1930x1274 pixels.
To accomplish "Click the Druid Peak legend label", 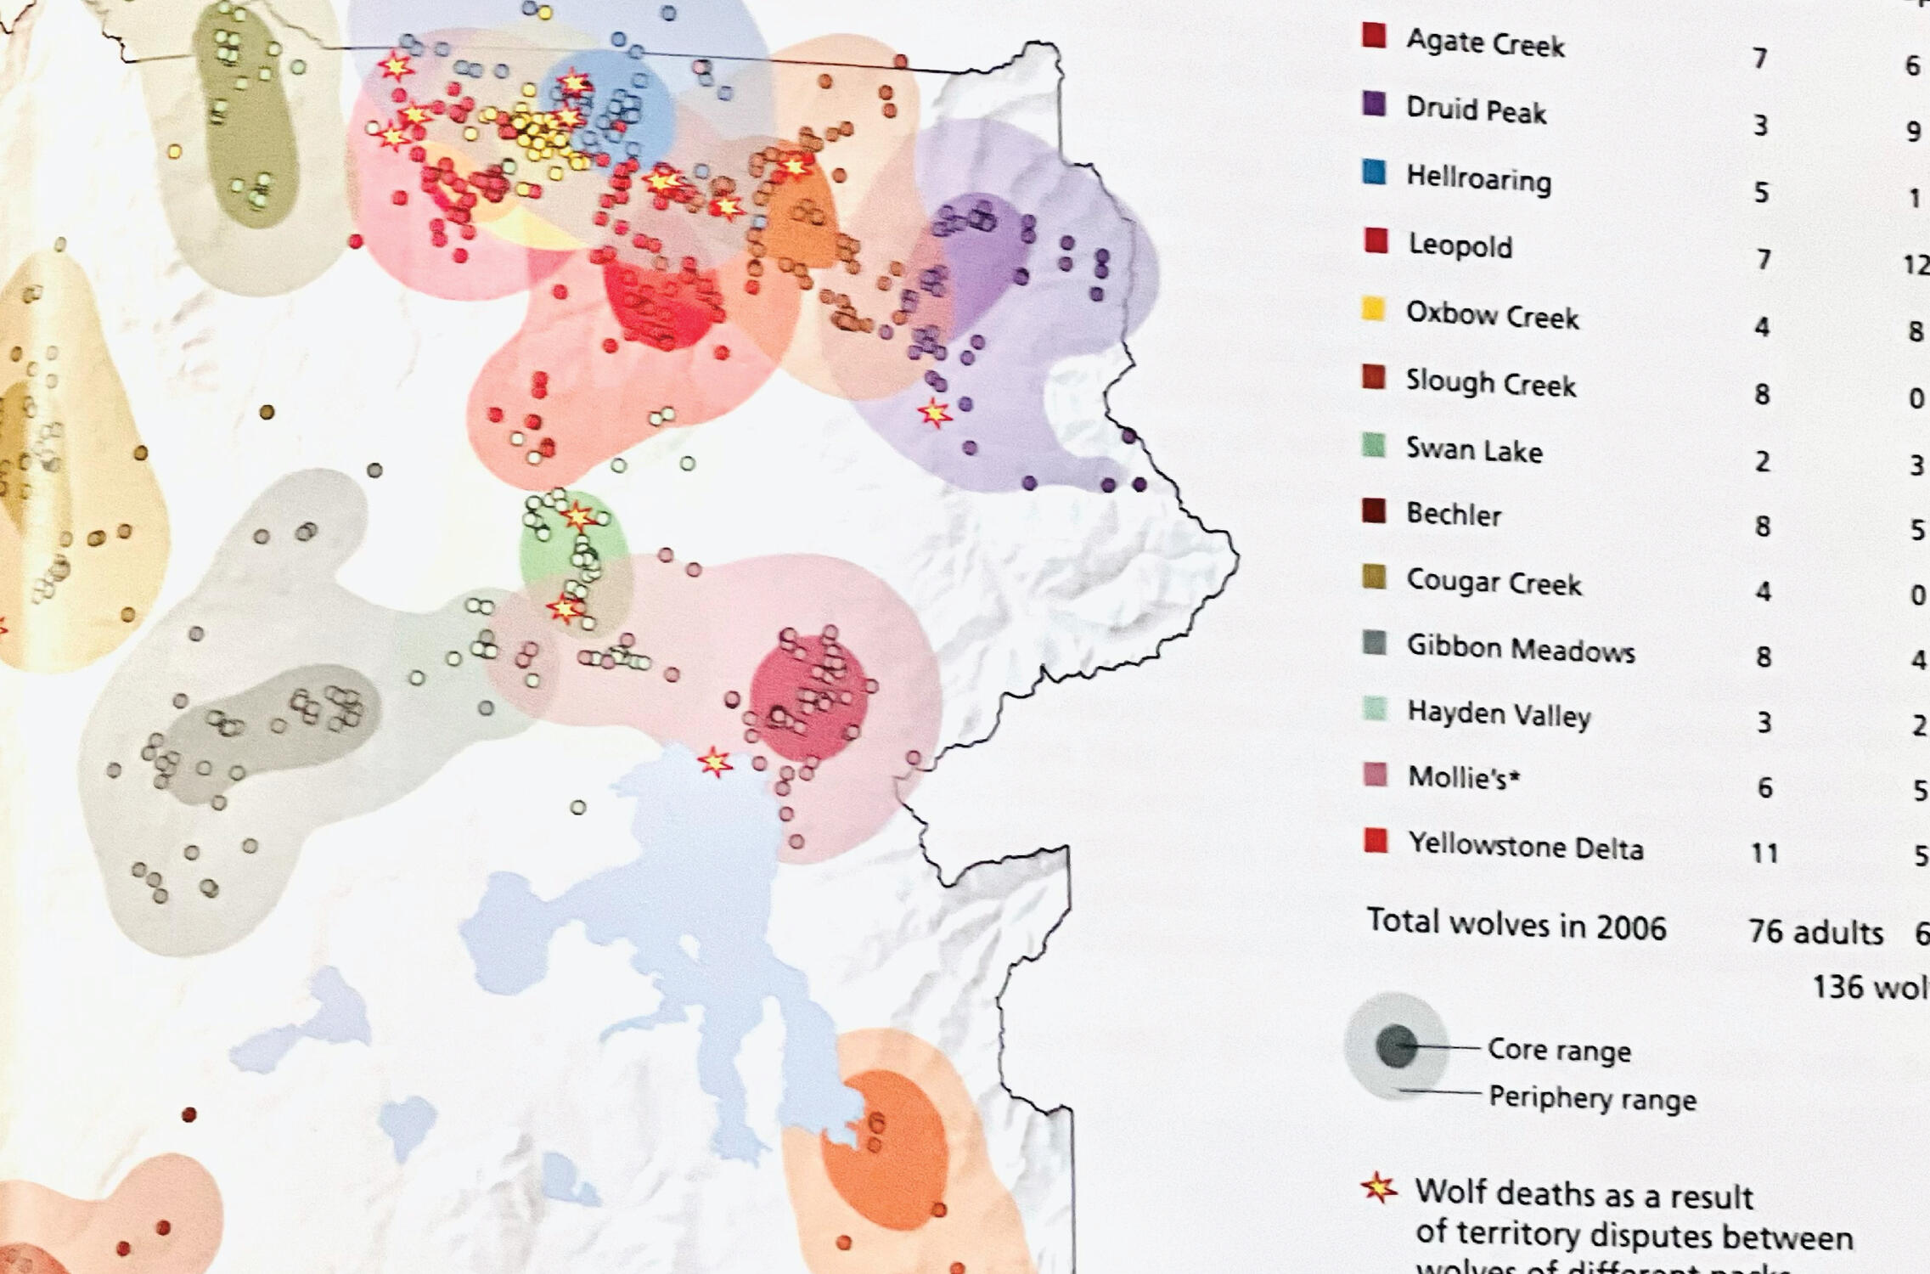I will pyautogui.click(x=1476, y=110).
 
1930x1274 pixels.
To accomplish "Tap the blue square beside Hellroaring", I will pyautogui.click(x=1374, y=173).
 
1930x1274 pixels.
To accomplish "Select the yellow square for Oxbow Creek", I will pyautogui.click(x=1374, y=309).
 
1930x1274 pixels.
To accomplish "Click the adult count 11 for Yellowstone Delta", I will pyautogui.click(x=1765, y=853).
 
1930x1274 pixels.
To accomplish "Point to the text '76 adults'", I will pyautogui.click(x=1815, y=932).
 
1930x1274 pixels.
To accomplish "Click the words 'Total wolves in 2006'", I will pyautogui.click(x=1516, y=924).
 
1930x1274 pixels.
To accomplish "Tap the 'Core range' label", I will pyautogui.click(x=1559, y=1051).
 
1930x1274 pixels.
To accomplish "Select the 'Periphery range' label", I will pyautogui.click(x=1592, y=1098).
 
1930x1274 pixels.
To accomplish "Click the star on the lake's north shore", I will pyautogui.click(x=715, y=763).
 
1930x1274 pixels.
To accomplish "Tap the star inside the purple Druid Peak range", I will pyautogui.click(x=935, y=413).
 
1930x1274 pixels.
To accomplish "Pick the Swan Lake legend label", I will pyautogui.click(x=1474, y=449).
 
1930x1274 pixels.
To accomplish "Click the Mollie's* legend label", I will pyautogui.click(x=1463, y=777).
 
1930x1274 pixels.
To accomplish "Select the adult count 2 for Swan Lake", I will pyautogui.click(x=1763, y=461).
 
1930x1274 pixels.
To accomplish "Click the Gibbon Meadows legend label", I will pyautogui.click(x=1520, y=649).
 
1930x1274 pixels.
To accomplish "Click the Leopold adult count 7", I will pyautogui.click(x=1764, y=259).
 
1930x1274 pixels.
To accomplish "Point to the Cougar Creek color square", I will pyautogui.click(x=1374, y=578).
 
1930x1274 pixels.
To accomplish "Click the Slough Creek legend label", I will pyautogui.click(x=1490, y=383).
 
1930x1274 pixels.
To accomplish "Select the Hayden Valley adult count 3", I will pyautogui.click(x=1764, y=723).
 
